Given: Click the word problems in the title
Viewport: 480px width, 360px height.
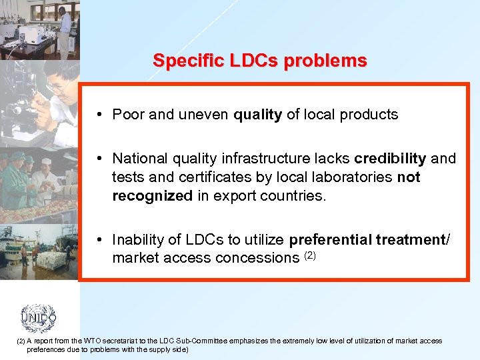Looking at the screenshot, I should [325, 61].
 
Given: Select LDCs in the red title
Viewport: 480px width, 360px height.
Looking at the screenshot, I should [253, 61].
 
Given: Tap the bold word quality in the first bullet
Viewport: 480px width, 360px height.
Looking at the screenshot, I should [257, 115].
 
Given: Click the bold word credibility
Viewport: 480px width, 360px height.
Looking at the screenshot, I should [390, 159].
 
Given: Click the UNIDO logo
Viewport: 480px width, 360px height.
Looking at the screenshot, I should [38, 318].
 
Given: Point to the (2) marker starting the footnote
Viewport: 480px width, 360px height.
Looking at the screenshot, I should [19, 341].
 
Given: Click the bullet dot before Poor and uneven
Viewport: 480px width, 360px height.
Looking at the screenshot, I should [98, 115].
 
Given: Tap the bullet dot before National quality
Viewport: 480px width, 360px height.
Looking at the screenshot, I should [98, 159].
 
